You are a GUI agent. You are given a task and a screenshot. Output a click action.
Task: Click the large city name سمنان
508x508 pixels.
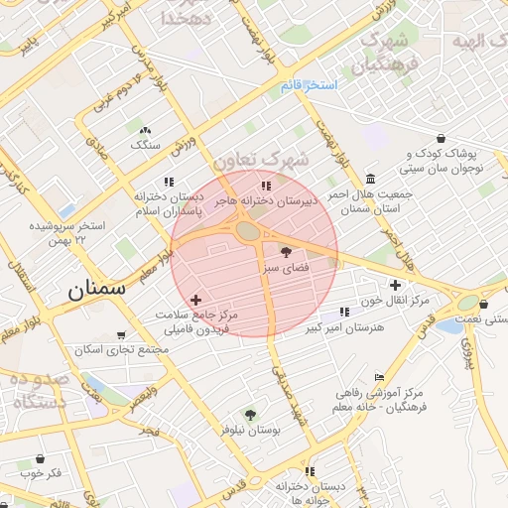coord(96,291)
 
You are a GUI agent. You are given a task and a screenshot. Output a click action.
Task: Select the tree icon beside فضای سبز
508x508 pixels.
coord(287,253)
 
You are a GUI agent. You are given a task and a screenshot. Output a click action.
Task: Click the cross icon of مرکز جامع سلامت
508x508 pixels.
coord(195,299)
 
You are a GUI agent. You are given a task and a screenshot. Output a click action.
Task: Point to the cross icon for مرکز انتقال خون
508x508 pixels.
coord(395,285)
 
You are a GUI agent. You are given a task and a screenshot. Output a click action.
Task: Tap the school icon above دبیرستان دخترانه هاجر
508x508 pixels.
coord(265,186)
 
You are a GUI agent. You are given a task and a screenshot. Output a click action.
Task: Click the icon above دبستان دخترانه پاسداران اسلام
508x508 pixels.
coord(169,182)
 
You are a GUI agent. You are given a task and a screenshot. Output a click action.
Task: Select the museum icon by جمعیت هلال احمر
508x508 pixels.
coord(370,179)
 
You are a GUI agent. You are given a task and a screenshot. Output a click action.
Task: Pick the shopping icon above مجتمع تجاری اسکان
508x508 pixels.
coord(121,335)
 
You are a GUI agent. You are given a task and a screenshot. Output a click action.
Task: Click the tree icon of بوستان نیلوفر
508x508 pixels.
coord(250,415)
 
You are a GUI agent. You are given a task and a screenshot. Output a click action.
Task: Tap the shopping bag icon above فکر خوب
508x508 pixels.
coord(40,459)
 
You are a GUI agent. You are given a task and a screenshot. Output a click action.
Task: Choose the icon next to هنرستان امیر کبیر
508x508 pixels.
coord(344,312)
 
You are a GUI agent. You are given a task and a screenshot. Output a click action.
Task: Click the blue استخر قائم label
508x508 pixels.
coord(309,85)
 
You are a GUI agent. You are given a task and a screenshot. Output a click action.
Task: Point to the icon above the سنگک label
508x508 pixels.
coord(146,130)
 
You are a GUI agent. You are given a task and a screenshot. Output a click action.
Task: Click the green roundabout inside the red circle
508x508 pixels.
coord(247,231)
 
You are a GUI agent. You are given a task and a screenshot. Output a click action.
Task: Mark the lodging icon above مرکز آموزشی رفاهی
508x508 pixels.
coord(379,378)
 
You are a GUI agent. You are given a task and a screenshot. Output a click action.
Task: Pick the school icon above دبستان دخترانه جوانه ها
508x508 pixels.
coord(310,471)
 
